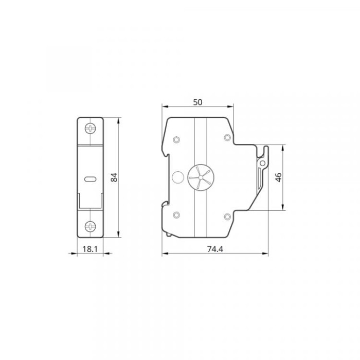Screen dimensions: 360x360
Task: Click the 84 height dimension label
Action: point(114,177)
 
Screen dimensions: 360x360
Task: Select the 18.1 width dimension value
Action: point(90,249)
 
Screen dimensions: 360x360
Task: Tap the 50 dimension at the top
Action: point(197,102)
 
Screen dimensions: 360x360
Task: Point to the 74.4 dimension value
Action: point(215,249)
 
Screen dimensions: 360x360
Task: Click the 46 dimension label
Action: point(278,177)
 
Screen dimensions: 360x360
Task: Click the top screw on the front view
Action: point(90,128)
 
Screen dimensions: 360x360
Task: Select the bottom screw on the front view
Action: point(90,227)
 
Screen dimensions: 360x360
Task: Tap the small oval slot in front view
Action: point(90,179)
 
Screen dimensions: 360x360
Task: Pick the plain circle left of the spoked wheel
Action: point(178,177)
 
